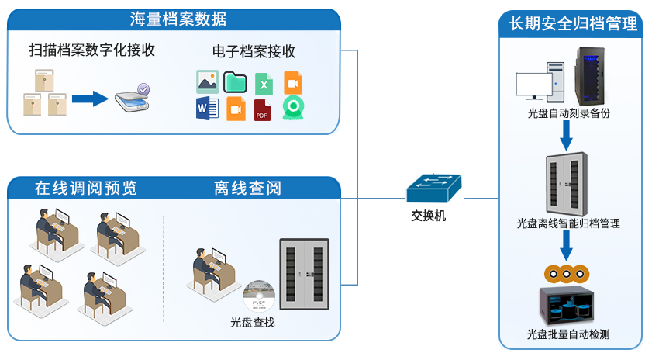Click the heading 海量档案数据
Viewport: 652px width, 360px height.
[178, 19]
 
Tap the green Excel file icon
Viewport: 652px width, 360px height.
[264, 83]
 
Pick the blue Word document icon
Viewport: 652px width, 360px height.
[206, 109]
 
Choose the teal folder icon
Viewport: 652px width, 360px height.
[235, 81]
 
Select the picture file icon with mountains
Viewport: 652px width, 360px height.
[207, 81]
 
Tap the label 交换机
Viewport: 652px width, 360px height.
[429, 216]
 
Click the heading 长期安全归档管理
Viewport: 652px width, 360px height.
[573, 24]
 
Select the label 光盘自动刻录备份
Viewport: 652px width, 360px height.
[568, 113]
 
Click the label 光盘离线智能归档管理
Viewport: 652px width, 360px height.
[568, 223]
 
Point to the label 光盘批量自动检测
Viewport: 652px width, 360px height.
[568, 335]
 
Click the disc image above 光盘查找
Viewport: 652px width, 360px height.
[259, 297]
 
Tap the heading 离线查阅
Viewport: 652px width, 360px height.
[247, 188]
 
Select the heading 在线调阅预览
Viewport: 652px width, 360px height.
[85, 188]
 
